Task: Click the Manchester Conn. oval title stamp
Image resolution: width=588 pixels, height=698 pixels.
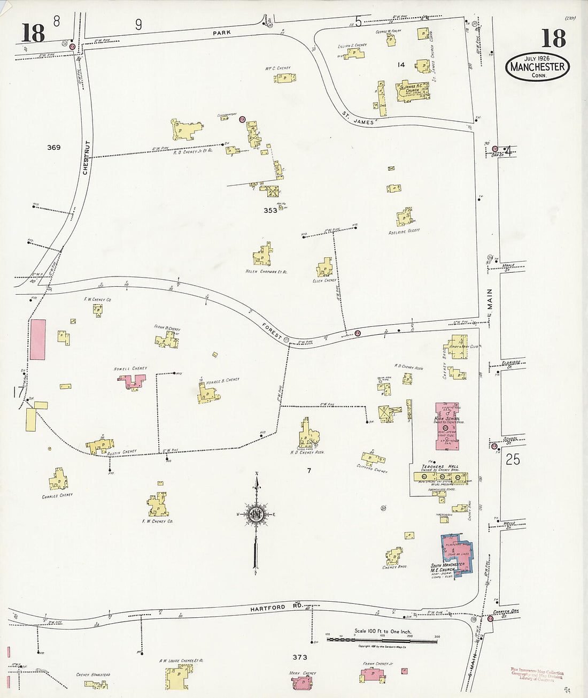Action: coord(538,67)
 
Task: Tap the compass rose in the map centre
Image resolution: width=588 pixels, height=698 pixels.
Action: coord(256,514)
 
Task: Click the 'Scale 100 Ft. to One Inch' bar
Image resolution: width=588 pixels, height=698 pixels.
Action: coord(382,638)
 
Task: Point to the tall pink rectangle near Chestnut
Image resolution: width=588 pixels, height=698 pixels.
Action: coord(37,340)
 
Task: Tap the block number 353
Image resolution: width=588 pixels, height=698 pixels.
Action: coord(270,210)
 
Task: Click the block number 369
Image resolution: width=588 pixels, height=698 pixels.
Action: coord(53,147)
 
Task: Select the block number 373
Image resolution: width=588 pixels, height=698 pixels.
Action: coord(299,657)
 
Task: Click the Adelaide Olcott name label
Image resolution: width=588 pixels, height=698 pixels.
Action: coord(405,232)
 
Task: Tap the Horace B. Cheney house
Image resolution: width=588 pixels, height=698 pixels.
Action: coord(207,394)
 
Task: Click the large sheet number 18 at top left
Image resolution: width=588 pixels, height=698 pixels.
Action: coord(33,33)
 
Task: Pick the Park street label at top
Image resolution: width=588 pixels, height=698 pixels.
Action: coord(221,33)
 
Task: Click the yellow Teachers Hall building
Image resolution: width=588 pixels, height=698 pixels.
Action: coord(439,476)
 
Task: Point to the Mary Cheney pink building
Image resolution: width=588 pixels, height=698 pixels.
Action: coord(302,683)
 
